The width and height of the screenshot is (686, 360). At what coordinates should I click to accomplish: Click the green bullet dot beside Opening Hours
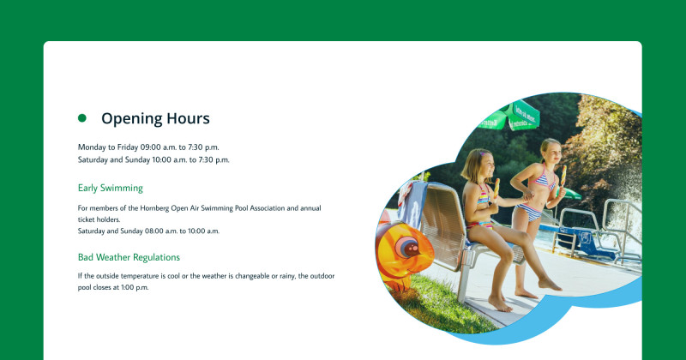pyautogui.click(x=81, y=118)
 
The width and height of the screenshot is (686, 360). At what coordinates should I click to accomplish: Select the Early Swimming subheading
pyautogui.click(x=111, y=188)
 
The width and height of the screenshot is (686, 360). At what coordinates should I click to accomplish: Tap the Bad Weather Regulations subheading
pyautogui.click(x=129, y=257)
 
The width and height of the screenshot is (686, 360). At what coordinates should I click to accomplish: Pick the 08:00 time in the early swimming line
pyautogui.click(x=155, y=231)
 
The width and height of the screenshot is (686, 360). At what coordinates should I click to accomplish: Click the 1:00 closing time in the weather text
pyautogui.click(x=128, y=287)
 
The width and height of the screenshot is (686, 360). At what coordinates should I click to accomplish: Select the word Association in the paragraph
pyautogui.click(x=268, y=208)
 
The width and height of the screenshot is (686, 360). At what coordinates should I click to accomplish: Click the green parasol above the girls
pyautogui.click(x=509, y=116)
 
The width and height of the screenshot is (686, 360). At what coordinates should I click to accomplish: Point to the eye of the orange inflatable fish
pyautogui.click(x=410, y=248)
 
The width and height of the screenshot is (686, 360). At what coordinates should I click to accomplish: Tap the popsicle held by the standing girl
pyautogui.click(x=563, y=175)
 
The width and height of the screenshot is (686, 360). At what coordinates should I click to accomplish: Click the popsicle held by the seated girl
pyautogui.click(x=496, y=188)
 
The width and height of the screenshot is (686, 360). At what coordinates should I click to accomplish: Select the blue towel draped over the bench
pyautogui.click(x=412, y=204)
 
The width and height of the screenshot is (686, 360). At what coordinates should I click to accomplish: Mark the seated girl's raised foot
pyautogui.click(x=550, y=285)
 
